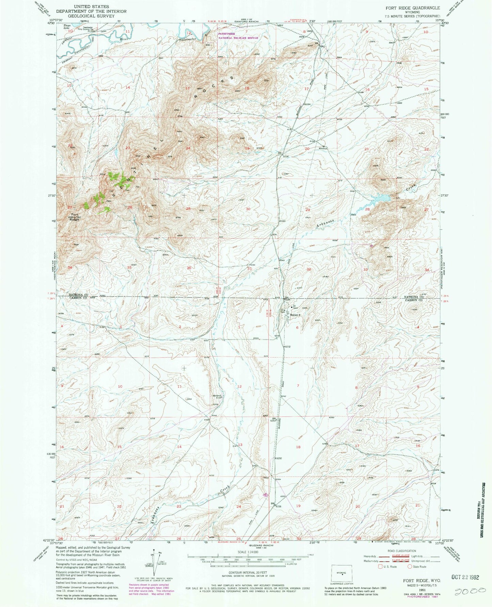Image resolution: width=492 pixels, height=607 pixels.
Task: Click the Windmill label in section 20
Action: tap(323, 148)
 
